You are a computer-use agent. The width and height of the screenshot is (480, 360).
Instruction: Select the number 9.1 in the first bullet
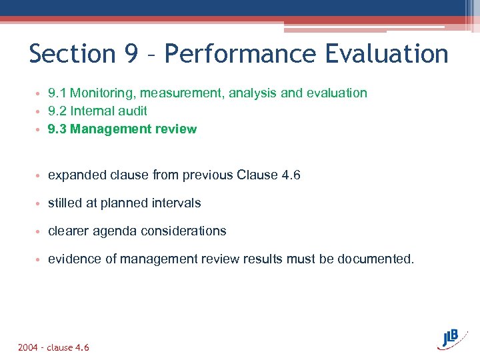tap(57, 93)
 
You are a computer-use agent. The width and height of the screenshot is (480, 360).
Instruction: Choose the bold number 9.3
tap(57, 129)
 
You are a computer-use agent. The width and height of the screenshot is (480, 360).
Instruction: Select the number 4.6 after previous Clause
tap(291, 175)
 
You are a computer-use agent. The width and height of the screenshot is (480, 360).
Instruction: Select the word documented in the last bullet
tap(376, 259)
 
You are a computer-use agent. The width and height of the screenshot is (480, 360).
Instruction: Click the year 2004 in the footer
tap(28, 347)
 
